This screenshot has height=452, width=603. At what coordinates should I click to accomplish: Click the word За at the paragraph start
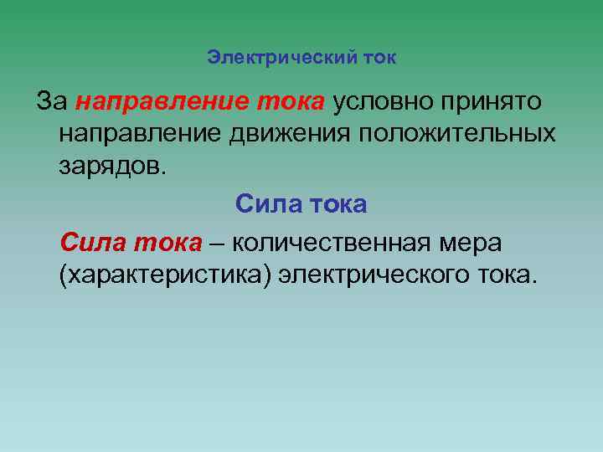click(52, 102)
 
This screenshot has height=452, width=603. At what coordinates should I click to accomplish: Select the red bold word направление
click(157, 102)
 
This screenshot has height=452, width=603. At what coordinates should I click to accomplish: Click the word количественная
click(332, 243)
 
